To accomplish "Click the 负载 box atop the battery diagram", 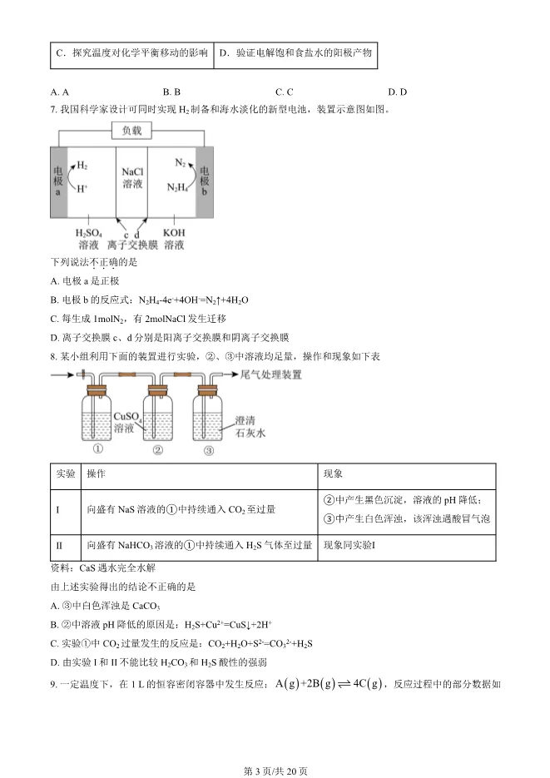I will [131, 131].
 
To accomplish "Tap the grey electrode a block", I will [58, 181].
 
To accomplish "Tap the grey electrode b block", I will [205, 181].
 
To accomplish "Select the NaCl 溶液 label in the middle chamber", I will [131, 176].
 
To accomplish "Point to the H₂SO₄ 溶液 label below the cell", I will [89, 239].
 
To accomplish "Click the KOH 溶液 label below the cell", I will [174, 239].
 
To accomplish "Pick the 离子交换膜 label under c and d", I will [131, 245].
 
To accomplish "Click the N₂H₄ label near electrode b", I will [176, 187].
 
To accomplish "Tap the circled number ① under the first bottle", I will [98, 450].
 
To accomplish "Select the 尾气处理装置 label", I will [270, 375].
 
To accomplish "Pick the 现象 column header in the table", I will [332, 473].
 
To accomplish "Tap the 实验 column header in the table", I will [65, 473].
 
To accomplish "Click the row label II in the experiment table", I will [59, 545].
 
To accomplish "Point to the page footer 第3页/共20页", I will [275, 771].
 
